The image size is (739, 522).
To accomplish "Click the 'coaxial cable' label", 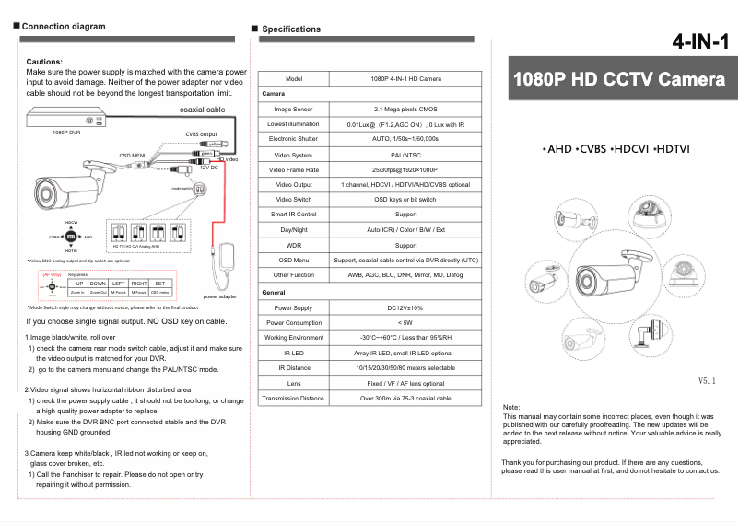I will pos(203,110).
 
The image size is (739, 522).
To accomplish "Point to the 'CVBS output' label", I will pos(201,134).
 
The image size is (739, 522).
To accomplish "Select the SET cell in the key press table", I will pos(159,283).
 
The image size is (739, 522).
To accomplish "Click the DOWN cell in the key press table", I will pos(98,283).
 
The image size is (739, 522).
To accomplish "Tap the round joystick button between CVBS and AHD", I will pos(71,237).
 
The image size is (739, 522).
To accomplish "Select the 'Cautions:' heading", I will pos(45,61).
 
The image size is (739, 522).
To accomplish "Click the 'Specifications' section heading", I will pos(291,29).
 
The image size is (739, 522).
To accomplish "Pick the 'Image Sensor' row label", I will pos(294,109).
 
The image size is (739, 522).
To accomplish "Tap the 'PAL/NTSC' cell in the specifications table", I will pos(405,155).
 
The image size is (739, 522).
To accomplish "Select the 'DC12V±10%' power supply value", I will pos(405,307).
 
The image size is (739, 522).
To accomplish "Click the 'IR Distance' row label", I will pos(294,367).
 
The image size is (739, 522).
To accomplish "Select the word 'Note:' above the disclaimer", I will pos(512,407).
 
